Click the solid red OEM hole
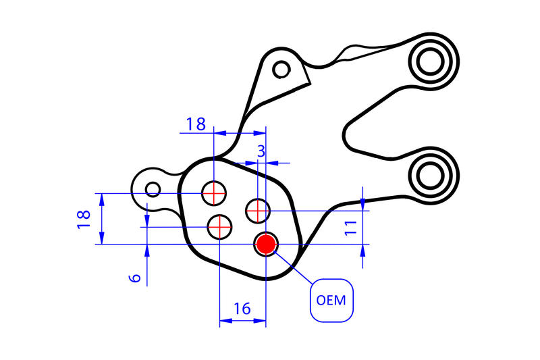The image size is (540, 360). coord(266,243)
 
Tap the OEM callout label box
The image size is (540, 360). coord(331,300)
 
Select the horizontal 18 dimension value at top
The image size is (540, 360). coord(196,124)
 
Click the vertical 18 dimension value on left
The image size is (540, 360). coord(84,218)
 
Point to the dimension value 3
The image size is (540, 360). coord(261,153)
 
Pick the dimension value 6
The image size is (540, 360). coord(135,277)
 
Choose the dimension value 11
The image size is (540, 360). coord(350,227)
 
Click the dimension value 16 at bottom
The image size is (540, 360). coord(242,309)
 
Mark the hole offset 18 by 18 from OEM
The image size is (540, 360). coord(214,193)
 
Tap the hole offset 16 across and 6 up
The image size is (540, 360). coord(220,227)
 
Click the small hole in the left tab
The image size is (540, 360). coord(153,189)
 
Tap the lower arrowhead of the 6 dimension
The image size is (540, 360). coord(147,250)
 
